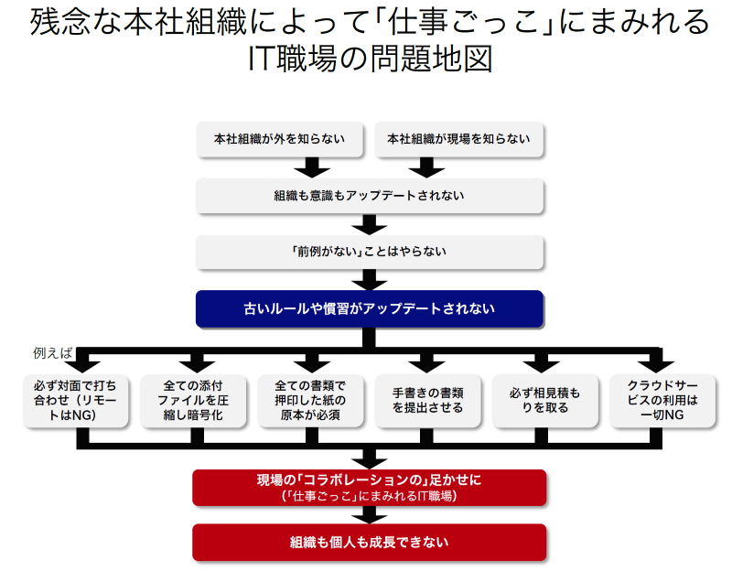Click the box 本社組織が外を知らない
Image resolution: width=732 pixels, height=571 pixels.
(280, 139)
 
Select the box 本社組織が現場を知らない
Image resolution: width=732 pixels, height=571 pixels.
(458, 139)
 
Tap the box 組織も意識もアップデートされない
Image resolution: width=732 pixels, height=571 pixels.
(370, 196)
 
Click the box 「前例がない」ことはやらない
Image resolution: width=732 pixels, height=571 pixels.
(370, 251)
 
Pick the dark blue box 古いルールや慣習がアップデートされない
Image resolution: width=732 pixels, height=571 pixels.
(370, 308)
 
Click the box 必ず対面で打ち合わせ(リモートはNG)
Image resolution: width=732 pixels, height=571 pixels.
(75, 400)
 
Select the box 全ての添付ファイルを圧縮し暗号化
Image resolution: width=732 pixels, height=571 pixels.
(193, 400)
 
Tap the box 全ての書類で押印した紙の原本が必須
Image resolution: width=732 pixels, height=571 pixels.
(311, 400)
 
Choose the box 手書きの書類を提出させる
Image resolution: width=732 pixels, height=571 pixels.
(428, 400)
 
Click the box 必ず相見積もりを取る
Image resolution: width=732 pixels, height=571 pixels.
(545, 400)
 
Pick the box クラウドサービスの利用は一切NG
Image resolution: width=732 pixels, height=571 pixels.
(662, 400)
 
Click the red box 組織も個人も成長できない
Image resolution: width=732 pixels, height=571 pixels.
(370, 542)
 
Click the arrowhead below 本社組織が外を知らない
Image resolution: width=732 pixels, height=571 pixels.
(312, 168)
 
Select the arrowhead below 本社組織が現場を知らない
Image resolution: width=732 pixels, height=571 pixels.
(426, 168)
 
